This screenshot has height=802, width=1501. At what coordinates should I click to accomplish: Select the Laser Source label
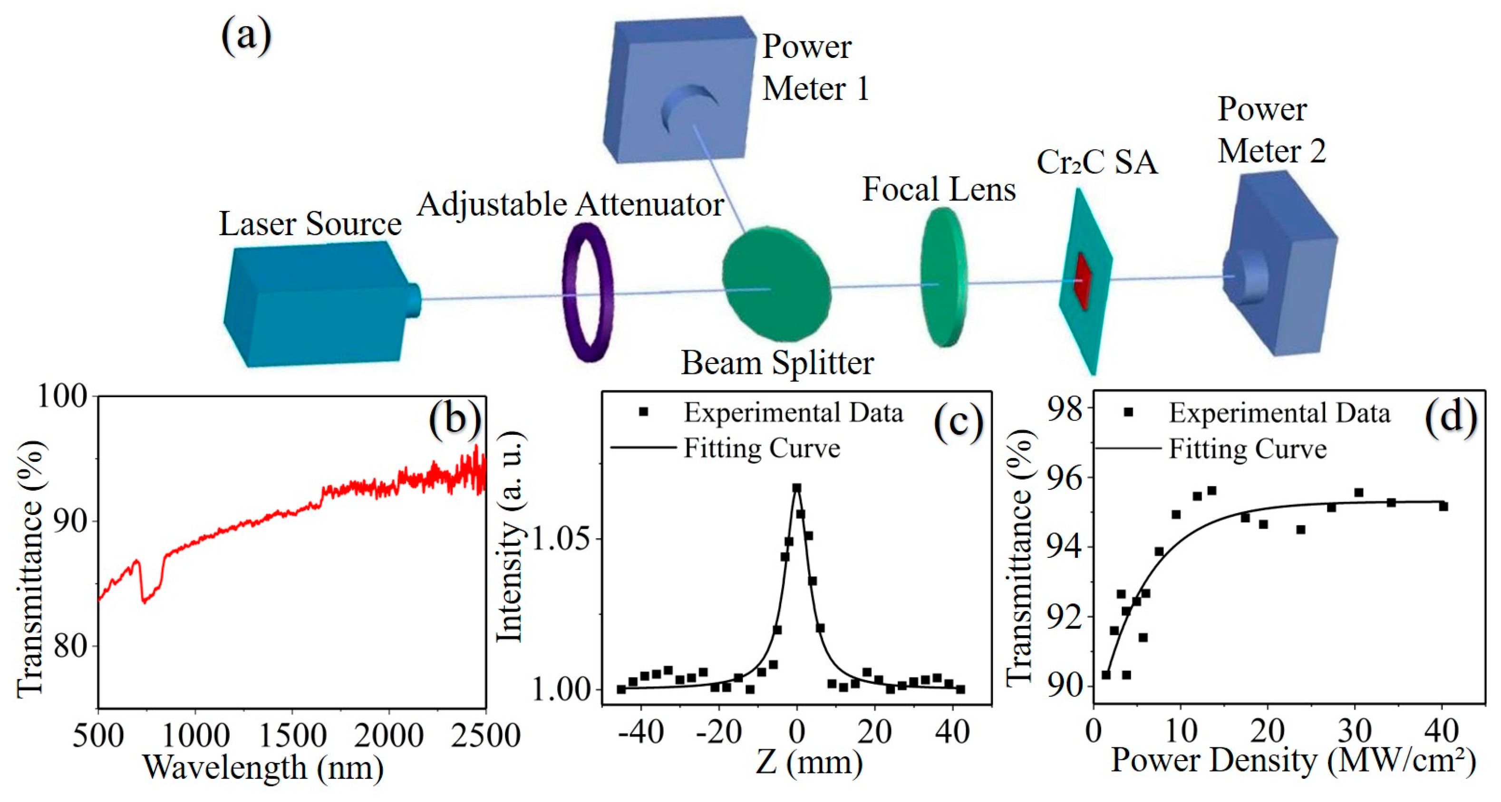(310, 224)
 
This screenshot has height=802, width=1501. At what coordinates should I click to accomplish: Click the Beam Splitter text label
(777, 363)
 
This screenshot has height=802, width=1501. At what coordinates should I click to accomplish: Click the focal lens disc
(942, 277)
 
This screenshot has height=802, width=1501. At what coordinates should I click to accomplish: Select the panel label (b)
(455, 418)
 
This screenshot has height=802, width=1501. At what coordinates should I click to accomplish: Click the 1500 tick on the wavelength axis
(291, 735)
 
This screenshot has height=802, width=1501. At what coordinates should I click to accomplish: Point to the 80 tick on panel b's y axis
(70, 645)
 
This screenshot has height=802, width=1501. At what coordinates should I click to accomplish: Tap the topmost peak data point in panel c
(796, 487)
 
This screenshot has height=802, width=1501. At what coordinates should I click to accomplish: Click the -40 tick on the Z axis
(641, 732)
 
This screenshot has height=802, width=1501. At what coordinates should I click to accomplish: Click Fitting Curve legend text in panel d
(1248, 449)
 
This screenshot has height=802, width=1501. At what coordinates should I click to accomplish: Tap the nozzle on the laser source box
(413, 300)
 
